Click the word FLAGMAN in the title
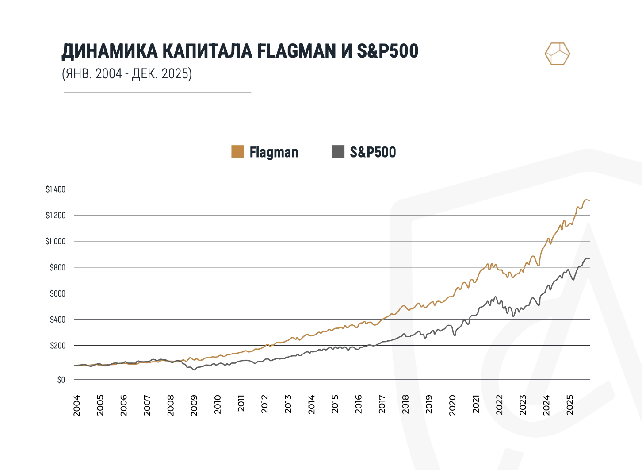[296, 51]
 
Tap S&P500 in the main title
[387, 51]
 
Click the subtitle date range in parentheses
[127, 73]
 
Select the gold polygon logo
[557, 54]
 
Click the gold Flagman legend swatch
[237, 151]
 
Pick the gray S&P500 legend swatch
[338, 151]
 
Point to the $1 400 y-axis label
[55, 189]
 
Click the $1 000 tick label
[55, 241]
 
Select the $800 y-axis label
[57, 267]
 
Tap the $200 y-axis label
[57, 346]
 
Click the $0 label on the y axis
[61, 380]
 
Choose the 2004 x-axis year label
[77, 405]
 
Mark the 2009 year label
[194, 405]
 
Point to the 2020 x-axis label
[452, 405]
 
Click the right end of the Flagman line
[589, 200]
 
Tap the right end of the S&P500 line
[589, 258]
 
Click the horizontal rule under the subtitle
[157, 92]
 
